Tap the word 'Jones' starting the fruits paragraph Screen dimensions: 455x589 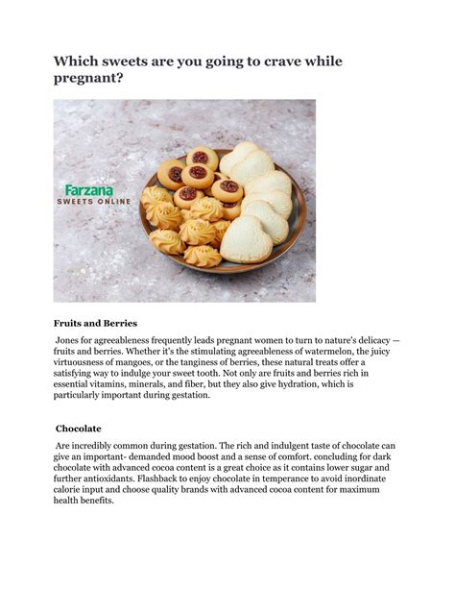[71, 342]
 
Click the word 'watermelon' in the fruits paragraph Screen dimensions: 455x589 [320, 356]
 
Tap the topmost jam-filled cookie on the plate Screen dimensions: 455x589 [200, 157]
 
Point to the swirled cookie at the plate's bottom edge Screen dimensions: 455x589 [203, 256]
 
